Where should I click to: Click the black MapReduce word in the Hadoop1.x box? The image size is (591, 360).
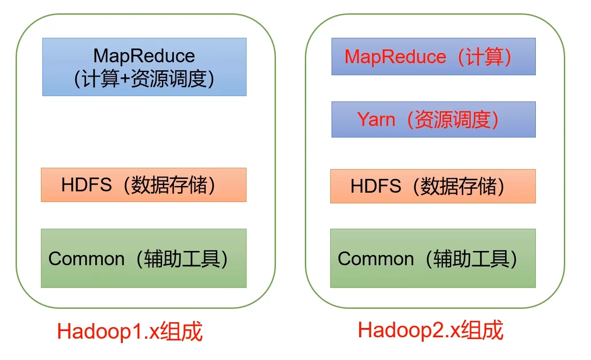(x=144, y=56)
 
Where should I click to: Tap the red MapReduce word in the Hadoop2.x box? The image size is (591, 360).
(x=396, y=57)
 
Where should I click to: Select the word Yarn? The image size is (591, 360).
(x=376, y=119)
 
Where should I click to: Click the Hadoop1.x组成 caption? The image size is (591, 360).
(x=130, y=331)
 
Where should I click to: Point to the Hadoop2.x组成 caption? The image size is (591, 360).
(x=431, y=330)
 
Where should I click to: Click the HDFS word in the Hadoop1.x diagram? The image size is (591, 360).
(x=86, y=185)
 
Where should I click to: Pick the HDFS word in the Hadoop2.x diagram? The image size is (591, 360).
(x=376, y=186)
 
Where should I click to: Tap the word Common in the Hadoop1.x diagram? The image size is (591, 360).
(x=86, y=259)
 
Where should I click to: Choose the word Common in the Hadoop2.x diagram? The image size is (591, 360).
(x=376, y=259)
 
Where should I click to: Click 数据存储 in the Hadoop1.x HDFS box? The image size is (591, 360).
(x=169, y=185)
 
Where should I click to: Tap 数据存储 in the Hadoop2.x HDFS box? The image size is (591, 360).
(x=458, y=186)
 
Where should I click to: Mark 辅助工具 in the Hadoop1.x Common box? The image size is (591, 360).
(x=182, y=259)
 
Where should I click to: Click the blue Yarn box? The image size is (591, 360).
(x=433, y=119)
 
